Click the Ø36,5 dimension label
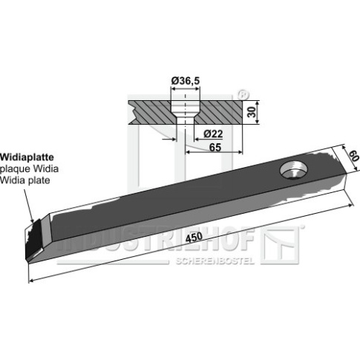point(186,81)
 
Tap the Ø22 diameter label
point(213,134)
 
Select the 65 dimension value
point(215,148)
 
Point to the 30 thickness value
point(252,112)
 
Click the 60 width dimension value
point(353,157)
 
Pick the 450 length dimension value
point(194,238)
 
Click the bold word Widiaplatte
point(27,157)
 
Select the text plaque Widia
point(29,169)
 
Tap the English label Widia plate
point(25,180)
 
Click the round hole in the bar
point(294,170)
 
